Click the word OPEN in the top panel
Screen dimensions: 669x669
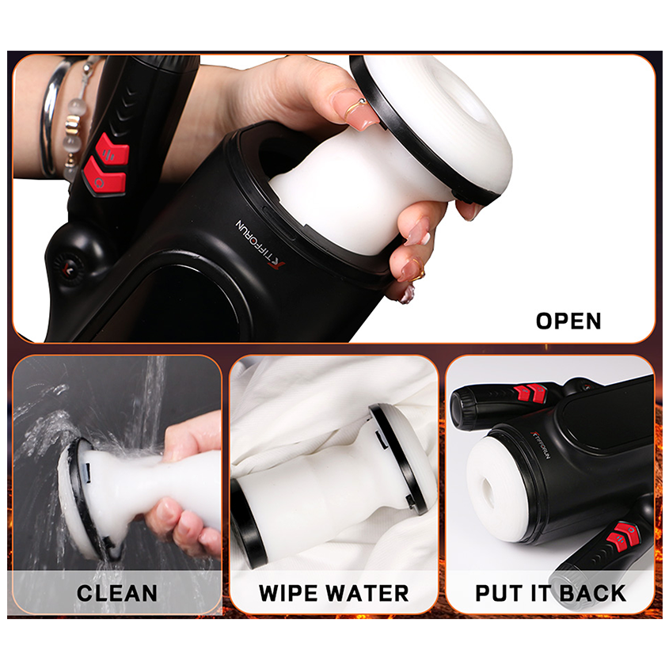coord(568,321)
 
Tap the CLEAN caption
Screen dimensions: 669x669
coord(116,592)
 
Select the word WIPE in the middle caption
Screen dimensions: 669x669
coord(291,592)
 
